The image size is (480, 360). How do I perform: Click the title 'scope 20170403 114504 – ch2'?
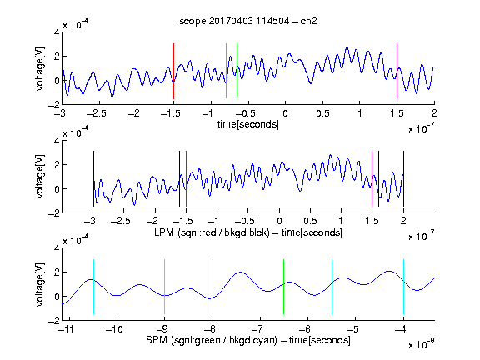tap(248, 21)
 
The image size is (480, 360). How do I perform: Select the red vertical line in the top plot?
tap(173, 71)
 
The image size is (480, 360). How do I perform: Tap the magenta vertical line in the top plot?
tap(397, 71)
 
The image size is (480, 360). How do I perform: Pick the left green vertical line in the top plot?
tap(226, 71)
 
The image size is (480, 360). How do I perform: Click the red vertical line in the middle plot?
tap(186, 179)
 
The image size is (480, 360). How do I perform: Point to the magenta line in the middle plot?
tap(372, 179)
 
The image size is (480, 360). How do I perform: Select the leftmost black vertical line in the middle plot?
tap(93, 179)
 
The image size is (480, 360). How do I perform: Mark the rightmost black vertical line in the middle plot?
tap(403, 179)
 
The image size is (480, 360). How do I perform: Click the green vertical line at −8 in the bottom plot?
tap(212, 287)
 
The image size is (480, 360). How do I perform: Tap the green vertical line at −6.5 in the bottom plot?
tap(284, 287)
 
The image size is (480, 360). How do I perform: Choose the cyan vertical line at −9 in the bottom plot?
tap(165, 287)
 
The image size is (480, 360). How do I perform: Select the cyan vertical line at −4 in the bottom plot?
tap(403, 287)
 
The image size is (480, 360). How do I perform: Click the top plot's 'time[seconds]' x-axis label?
tap(248, 125)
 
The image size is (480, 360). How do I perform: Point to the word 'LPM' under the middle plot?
tap(164, 232)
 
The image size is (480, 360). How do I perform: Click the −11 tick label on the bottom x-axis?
tap(67, 329)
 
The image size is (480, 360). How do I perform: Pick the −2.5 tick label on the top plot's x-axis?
tap(96, 113)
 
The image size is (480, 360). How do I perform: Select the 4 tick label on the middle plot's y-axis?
tap(57, 141)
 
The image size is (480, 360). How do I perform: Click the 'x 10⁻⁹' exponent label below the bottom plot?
tap(422, 343)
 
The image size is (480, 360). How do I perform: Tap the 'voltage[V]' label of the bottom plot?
tap(40, 284)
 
